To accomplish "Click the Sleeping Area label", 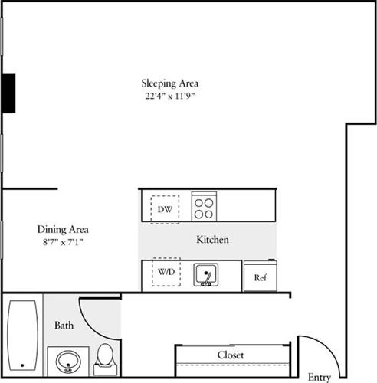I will click(174, 83).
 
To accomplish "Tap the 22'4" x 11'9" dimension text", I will click(174, 96).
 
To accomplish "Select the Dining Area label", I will click(63, 229).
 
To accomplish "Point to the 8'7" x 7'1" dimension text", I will click(63, 242).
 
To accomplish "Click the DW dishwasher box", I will click(165, 208).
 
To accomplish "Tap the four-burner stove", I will click(203, 205).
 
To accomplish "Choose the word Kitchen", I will click(212, 240).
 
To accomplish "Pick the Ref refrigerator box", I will click(260, 277).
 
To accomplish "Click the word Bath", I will click(64, 326).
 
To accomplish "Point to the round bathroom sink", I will click(68, 361).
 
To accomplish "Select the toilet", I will click(105, 358).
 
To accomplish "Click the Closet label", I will click(231, 355).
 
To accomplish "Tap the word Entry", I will click(319, 377).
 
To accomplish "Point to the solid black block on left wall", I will click(8, 93).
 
